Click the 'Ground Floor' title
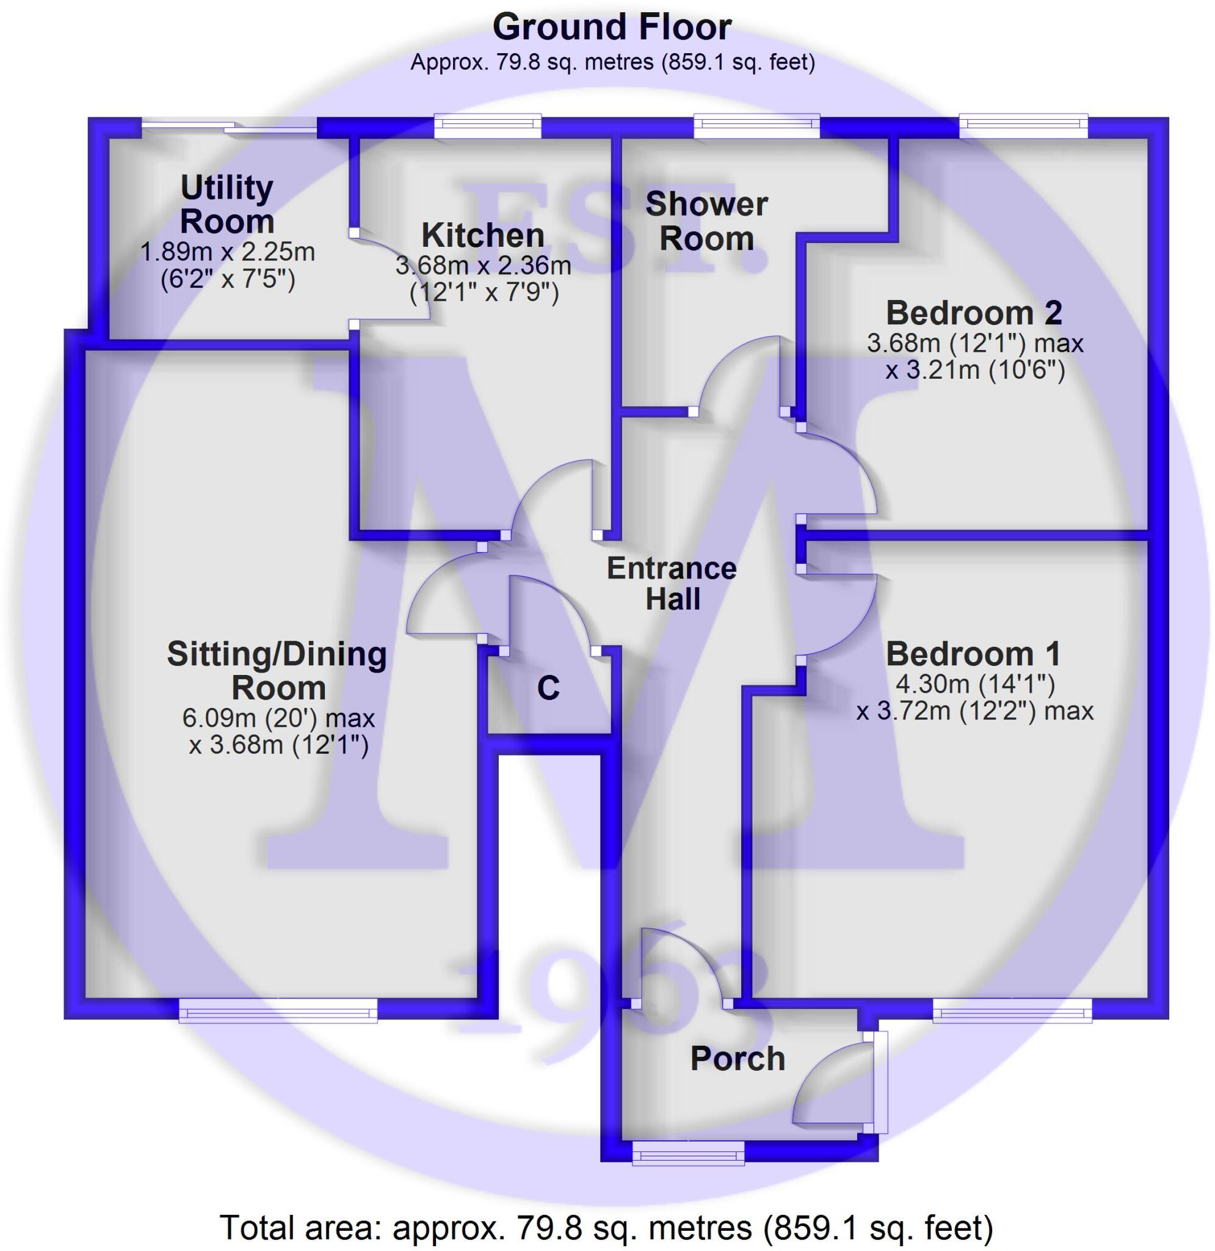[611, 28]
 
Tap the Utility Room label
[227, 204]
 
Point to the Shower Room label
[706, 221]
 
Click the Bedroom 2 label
[974, 313]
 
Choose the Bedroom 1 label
[973, 654]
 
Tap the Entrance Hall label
[672, 583]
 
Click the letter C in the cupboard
[548, 688]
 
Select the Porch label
[738, 1058]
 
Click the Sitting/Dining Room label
[278, 670]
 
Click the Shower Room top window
[756, 126]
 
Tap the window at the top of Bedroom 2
[1023, 126]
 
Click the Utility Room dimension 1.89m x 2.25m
[227, 252]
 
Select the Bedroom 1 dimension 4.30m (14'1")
[975, 684]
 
